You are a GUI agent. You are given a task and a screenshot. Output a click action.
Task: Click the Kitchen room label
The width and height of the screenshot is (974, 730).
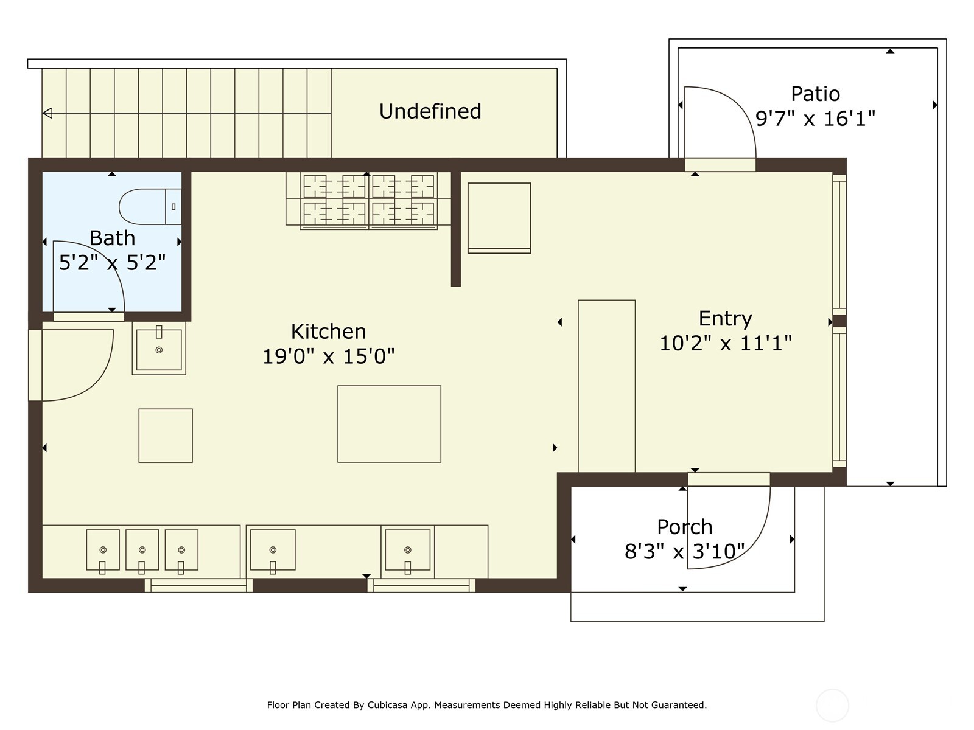328,332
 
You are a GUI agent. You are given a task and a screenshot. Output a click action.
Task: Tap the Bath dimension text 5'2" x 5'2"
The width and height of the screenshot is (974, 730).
112,262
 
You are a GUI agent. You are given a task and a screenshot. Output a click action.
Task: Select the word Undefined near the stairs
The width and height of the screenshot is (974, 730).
430,111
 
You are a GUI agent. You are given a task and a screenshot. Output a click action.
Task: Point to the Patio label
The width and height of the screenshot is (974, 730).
816,94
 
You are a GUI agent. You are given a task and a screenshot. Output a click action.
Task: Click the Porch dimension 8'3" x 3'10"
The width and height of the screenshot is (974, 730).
685,552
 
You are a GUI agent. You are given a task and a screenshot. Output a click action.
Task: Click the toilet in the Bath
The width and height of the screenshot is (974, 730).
150,207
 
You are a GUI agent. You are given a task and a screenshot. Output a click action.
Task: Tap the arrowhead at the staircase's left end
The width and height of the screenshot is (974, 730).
47,113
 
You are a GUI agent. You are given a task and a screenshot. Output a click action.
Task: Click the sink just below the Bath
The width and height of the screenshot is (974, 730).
159,349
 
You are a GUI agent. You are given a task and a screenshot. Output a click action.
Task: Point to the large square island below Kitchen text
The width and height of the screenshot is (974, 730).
389,424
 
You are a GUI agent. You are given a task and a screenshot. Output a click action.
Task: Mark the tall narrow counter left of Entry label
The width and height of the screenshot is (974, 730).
606,386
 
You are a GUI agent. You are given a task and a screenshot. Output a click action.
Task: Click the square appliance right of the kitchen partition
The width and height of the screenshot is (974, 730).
499,218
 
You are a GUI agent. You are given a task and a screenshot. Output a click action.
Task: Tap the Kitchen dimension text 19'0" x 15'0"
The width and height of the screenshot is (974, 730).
328,356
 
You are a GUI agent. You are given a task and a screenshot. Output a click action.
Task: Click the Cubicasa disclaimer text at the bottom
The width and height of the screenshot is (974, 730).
487,704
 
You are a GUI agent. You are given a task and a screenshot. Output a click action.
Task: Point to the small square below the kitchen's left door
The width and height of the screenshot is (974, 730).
166,436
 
